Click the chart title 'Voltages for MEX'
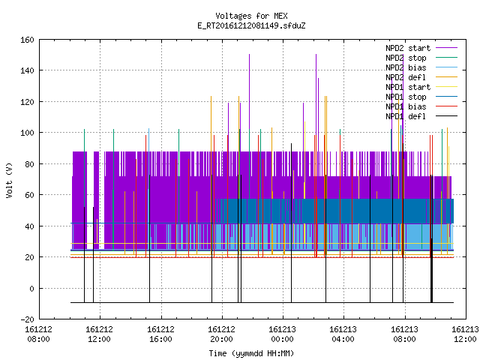[251, 16]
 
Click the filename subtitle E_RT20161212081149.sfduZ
[251, 25]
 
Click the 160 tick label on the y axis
[27, 40]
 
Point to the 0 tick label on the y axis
[31, 288]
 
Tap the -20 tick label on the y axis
[27, 319]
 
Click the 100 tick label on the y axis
[27, 133]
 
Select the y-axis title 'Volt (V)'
[10, 180]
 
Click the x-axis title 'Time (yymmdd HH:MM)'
[251, 353]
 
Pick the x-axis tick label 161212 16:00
[160, 334]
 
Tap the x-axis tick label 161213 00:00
[282, 334]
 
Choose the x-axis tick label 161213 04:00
[343, 334]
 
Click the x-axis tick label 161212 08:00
[38, 334]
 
